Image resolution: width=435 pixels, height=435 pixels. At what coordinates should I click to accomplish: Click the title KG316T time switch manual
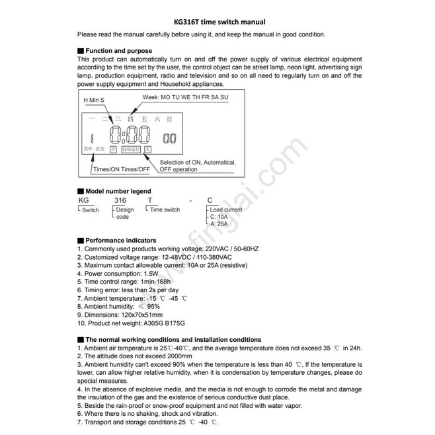218,21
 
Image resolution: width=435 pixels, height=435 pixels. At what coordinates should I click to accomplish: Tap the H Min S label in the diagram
94,100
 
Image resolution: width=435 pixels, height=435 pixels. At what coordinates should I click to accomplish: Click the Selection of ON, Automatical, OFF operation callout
198,165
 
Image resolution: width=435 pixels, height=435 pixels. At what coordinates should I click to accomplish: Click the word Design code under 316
124,213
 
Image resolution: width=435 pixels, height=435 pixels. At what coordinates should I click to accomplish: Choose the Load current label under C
225,210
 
